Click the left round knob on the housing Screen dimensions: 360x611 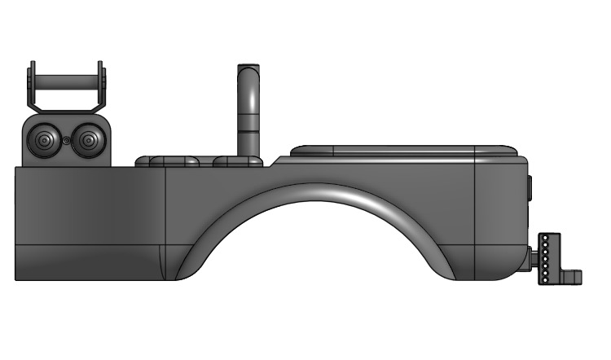44,141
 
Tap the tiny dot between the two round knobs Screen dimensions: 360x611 65,141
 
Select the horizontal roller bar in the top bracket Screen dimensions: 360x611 65,83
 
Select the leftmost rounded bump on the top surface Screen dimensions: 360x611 155,160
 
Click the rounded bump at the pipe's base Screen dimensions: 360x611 239,161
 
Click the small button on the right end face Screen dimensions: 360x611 529,188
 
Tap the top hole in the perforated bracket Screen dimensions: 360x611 544,239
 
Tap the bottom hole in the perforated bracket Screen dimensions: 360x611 544,281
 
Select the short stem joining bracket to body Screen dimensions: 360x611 534,261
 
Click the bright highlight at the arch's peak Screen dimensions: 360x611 326,191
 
